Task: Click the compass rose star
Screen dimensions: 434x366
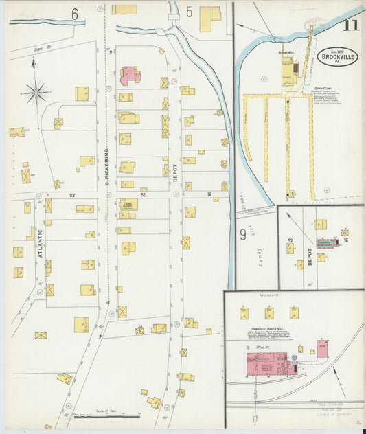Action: coord(36,91)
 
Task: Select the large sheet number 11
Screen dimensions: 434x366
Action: coord(350,26)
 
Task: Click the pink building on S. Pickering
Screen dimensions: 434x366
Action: coord(129,74)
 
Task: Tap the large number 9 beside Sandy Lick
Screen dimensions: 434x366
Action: coord(242,235)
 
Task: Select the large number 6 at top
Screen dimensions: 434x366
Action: coord(73,13)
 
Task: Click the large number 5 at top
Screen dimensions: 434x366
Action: coord(189,12)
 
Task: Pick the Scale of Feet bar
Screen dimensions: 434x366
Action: coord(106,415)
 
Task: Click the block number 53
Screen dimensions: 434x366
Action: coord(71,196)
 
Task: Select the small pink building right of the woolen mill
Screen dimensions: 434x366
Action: coord(321,348)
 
